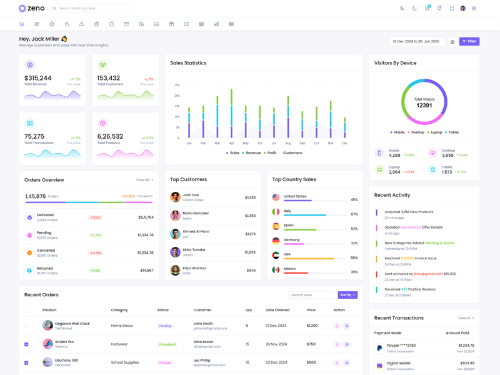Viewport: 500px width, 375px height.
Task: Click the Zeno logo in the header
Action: [31, 9]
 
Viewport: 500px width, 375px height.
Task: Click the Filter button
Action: [469, 41]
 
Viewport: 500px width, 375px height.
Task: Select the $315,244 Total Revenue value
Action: [38, 78]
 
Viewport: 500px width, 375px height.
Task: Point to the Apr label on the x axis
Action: [231, 143]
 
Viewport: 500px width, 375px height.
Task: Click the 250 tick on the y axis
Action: [177, 85]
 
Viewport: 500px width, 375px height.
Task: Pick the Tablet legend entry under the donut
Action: [452, 132]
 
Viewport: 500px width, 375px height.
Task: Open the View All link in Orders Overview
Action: [144, 180]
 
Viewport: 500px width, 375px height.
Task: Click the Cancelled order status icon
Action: [29, 252]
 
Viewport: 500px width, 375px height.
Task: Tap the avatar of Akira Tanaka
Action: [176, 252]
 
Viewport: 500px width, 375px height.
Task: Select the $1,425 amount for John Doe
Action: [250, 197]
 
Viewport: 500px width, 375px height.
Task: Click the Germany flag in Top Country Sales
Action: [276, 241]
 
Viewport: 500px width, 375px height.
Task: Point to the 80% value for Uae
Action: [354, 257]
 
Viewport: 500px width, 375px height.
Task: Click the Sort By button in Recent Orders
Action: [347, 295]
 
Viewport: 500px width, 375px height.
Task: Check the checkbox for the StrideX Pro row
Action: [26, 344]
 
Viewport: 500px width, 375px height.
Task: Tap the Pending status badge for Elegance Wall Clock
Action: [165, 326]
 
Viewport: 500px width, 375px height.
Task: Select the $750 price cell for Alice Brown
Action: [311, 344]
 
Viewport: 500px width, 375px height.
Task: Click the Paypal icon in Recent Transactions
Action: [379, 348]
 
